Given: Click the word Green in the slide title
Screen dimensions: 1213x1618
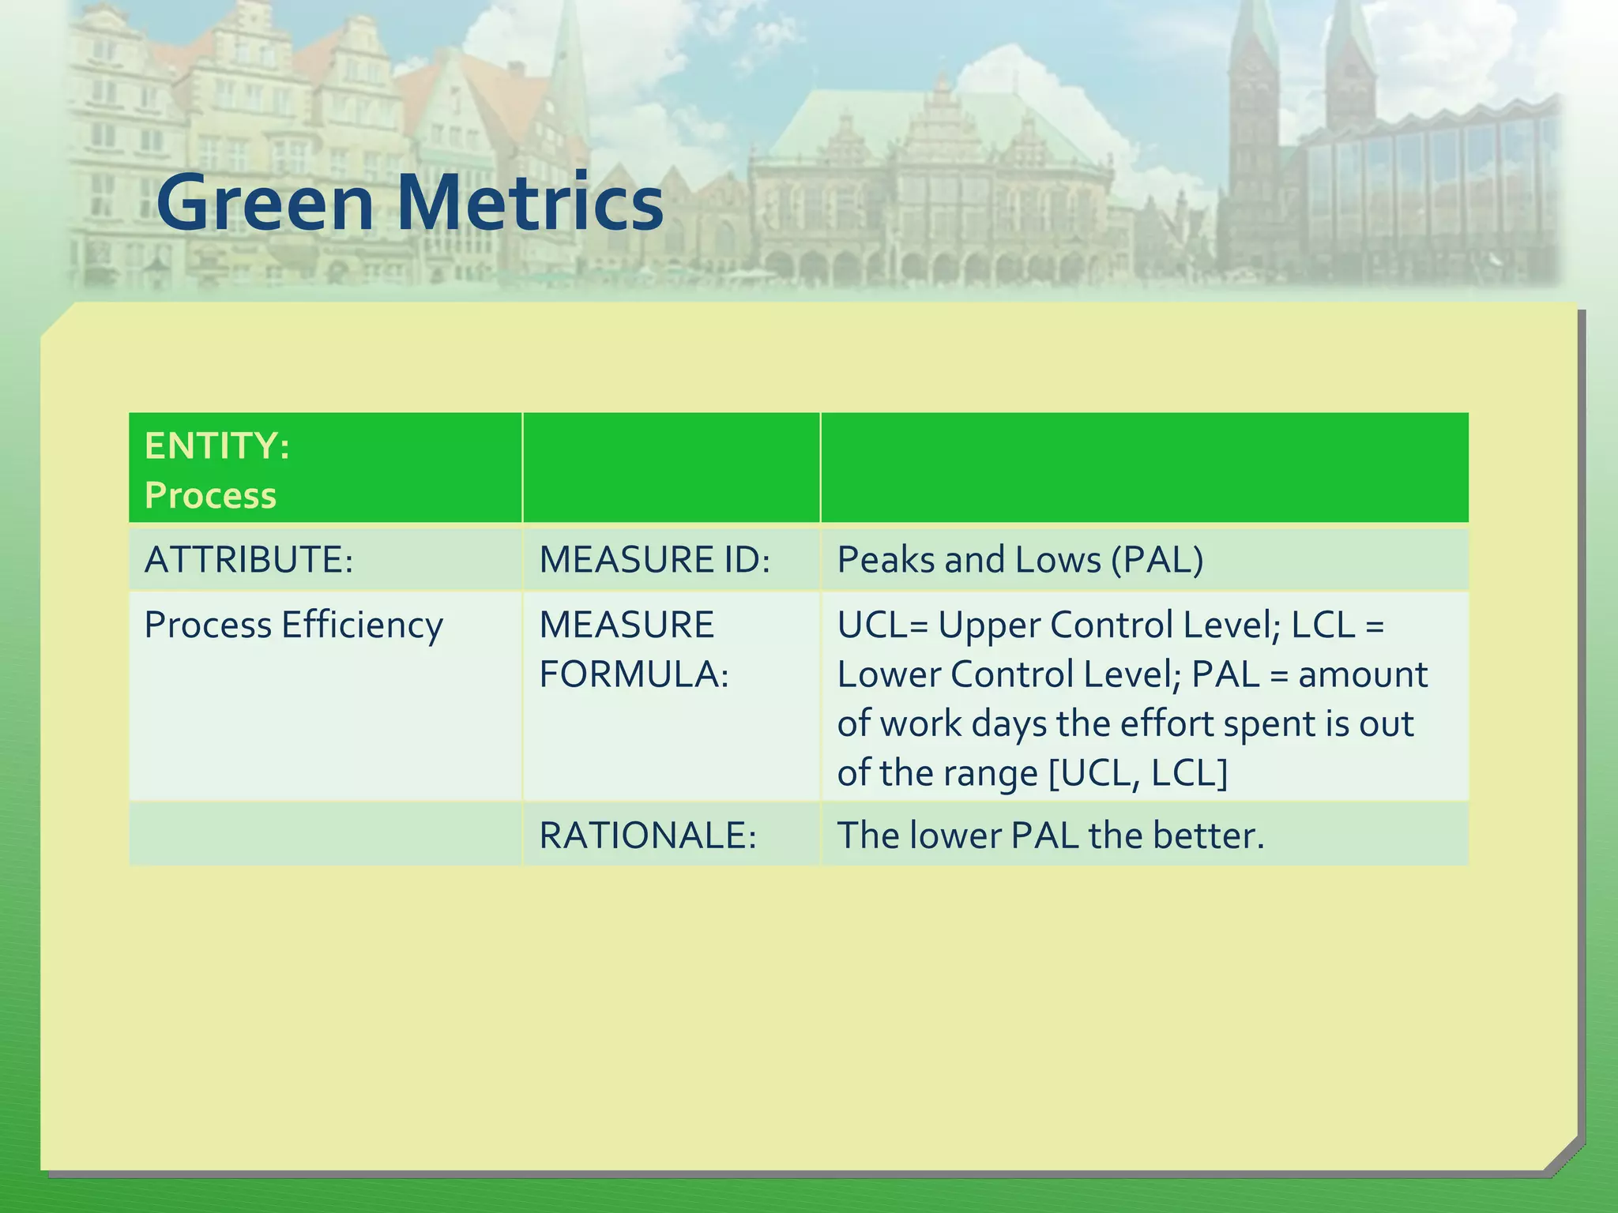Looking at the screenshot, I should coord(265,204).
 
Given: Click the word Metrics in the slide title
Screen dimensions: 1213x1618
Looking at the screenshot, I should coord(529,204).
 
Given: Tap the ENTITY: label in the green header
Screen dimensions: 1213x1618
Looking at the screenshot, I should coord(217,446).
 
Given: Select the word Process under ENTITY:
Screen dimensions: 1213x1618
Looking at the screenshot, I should coord(210,496).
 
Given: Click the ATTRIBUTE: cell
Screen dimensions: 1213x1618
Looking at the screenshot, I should coord(248,560).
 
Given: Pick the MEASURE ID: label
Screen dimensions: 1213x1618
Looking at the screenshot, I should coord(654,560).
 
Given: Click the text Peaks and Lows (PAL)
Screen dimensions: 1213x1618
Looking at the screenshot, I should coord(1020,560).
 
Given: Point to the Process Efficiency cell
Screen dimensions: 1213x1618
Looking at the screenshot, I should coord(293,625).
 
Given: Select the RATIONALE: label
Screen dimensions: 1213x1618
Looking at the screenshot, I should coord(648,836).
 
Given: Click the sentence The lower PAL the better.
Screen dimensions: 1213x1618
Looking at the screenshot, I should coord(1050,836).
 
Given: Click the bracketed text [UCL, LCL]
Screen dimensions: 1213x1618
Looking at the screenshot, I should coord(1138,773).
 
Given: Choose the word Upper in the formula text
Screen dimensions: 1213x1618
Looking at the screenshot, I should coord(988,625).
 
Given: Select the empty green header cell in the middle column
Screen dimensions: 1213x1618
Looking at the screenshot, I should coord(671,468).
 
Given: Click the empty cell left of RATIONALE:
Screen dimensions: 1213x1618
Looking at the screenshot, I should coord(325,835).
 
